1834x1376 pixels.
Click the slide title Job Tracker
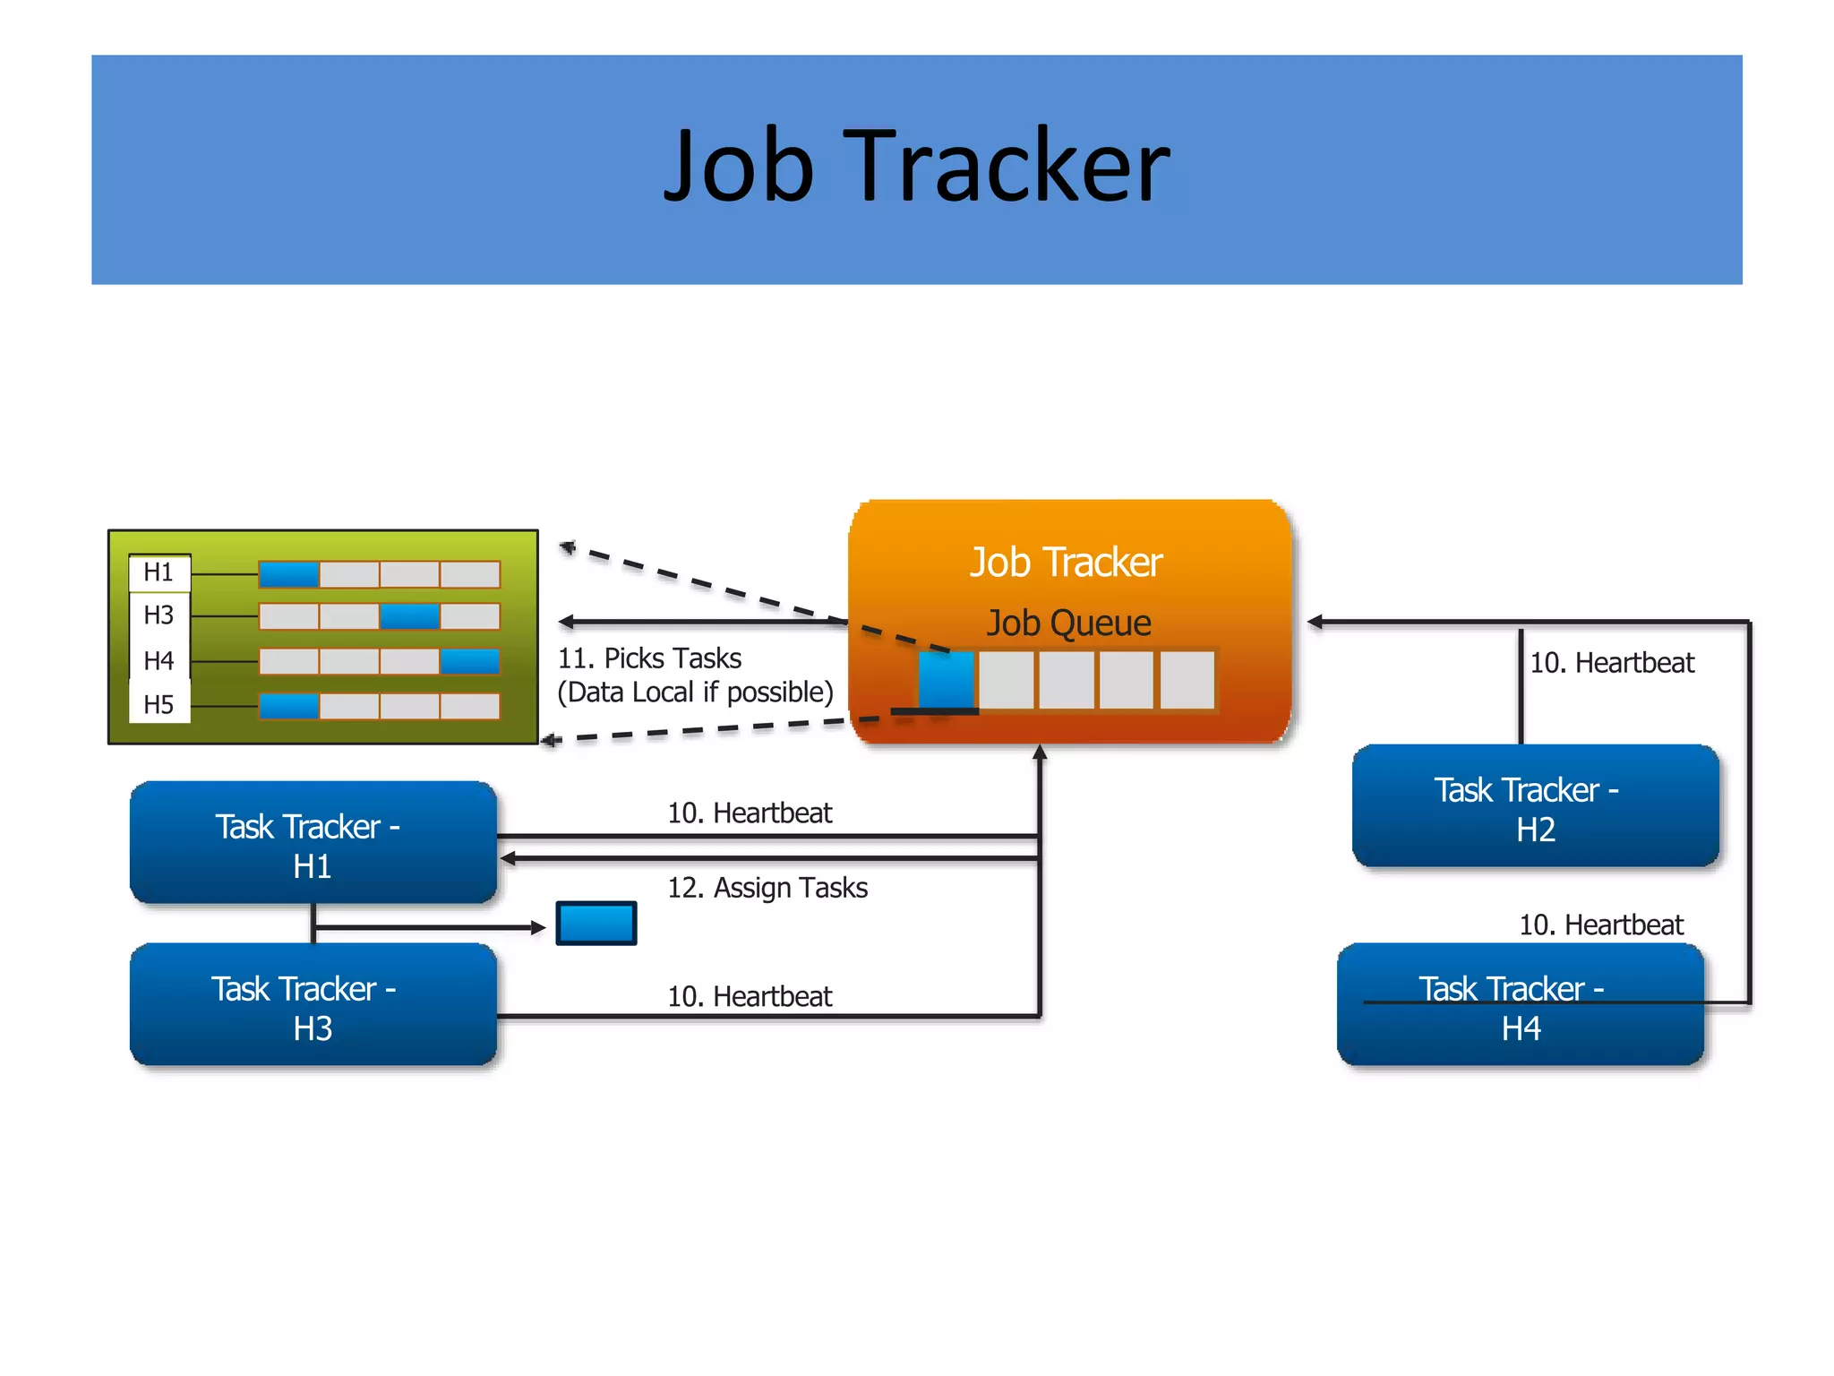point(916,167)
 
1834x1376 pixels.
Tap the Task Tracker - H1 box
point(313,844)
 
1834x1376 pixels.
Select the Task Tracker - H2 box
point(1535,807)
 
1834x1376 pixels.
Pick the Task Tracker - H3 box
point(313,1006)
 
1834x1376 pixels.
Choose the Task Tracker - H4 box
point(1520,1006)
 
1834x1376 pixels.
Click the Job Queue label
point(1068,623)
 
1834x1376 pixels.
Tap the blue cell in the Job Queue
point(946,680)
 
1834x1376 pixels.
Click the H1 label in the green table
point(159,572)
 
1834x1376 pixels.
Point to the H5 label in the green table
point(159,705)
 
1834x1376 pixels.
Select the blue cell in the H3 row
point(409,616)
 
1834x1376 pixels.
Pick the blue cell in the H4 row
point(469,661)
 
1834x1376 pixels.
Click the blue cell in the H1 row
point(288,574)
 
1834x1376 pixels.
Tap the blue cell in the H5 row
point(288,706)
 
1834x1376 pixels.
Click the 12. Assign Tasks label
point(767,888)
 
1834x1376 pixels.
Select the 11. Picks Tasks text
point(649,658)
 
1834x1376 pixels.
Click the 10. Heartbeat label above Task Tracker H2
point(1612,663)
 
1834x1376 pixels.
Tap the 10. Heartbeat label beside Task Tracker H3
point(750,996)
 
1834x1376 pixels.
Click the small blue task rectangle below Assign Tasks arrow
point(596,924)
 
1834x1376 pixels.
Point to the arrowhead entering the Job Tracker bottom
point(1040,752)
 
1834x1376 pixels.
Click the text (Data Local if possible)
point(695,692)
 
